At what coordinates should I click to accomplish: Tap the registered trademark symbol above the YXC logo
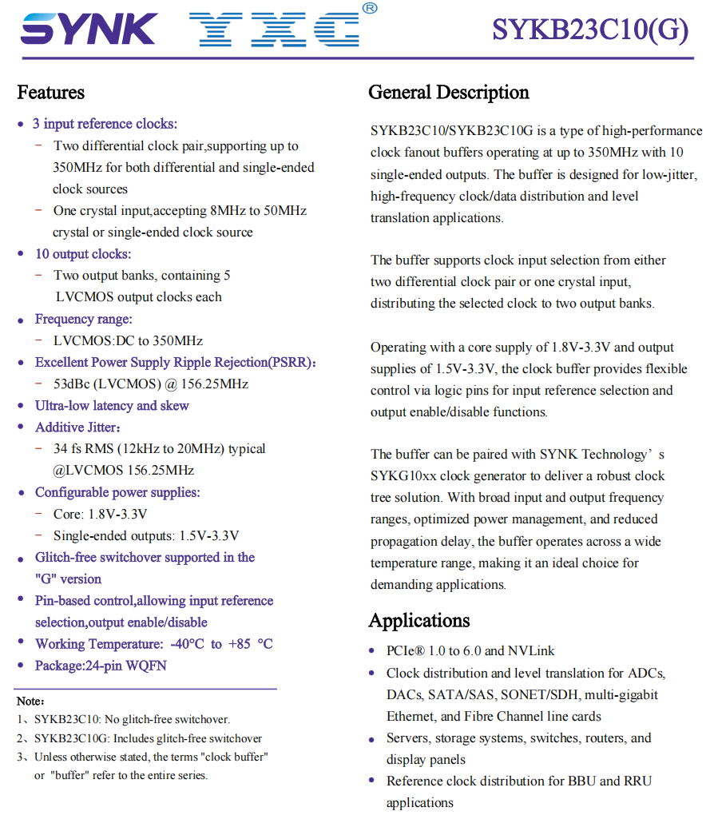click(369, 9)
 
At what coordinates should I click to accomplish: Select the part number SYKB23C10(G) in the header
click(589, 30)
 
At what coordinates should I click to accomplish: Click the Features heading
click(51, 93)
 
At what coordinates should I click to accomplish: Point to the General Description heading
click(448, 93)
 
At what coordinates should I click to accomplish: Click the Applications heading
click(418, 621)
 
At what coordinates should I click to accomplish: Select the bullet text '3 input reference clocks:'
click(105, 124)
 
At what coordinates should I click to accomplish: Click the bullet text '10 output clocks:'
click(83, 254)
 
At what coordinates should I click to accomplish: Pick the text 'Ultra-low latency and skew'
click(112, 406)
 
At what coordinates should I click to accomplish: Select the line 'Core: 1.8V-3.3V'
click(100, 514)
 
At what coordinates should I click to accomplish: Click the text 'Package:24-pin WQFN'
click(101, 666)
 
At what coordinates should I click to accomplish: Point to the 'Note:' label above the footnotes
click(30, 701)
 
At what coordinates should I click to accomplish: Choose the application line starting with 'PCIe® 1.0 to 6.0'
click(470, 651)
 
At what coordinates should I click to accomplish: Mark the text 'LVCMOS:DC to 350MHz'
click(128, 341)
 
